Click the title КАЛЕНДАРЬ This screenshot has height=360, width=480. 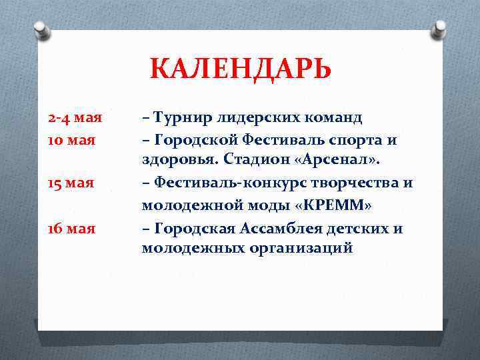(240, 69)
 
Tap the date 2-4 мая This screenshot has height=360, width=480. (75, 119)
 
